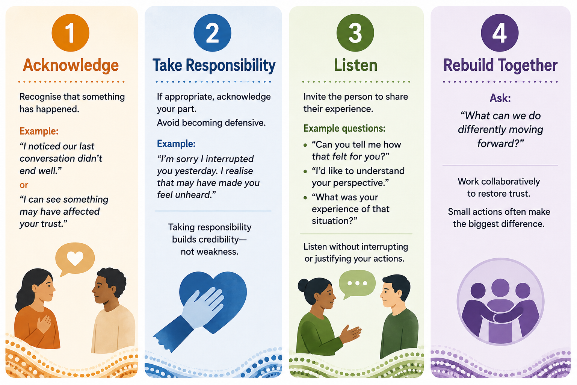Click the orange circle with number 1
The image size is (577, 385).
pos(70,33)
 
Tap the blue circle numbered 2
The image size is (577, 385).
pos(213,33)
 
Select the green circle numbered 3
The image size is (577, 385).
pos(355,33)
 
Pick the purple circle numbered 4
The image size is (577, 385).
pos(500,33)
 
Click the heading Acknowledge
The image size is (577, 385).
pos(71,65)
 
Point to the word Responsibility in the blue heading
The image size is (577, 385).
pos(231,65)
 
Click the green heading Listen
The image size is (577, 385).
pos(355,65)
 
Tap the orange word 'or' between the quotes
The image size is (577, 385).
pos(24,185)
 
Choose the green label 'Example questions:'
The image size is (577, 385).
pos(344,129)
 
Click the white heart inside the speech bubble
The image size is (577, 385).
pos(75,258)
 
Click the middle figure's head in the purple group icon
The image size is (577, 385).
pos(500,288)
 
